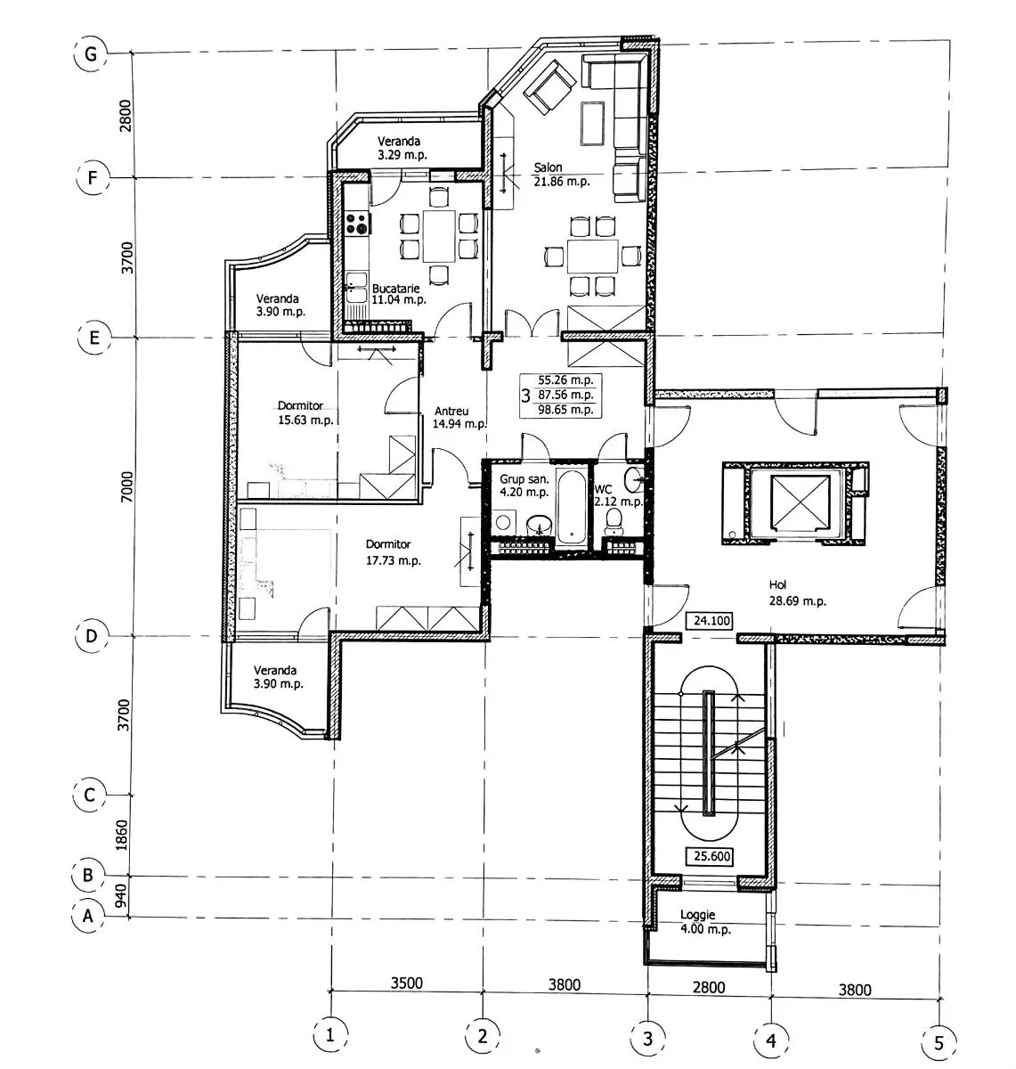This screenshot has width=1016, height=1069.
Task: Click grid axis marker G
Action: tap(90, 53)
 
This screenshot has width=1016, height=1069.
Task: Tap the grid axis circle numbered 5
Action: tap(939, 1042)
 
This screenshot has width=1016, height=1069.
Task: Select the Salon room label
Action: tap(548, 167)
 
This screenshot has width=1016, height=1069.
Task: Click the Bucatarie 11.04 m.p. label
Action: tap(398, 294)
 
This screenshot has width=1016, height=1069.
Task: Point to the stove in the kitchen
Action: tap(358, 223)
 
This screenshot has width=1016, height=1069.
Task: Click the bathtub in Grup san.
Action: tap(572, 507)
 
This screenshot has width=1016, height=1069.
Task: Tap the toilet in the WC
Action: tap(614, 521)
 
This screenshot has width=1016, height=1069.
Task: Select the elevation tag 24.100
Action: tap(711, 620)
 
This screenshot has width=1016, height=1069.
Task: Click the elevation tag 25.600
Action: tap(711, 856)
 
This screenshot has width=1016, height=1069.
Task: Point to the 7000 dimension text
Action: tap(126, 486)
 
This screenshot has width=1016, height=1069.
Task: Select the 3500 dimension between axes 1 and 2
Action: tap(407, 983)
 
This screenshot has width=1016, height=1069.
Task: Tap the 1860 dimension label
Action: tap(122, 836)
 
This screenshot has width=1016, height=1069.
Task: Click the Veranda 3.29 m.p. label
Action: tap(402, 148)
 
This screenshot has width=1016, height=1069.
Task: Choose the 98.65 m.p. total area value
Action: tap(565, 410)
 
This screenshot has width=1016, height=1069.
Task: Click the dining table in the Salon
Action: tap(592, 256)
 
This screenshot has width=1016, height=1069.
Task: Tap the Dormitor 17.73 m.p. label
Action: tap(393, 552)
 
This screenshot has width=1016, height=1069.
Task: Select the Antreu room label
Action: tap(451, 412)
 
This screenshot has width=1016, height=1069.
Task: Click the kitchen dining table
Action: tap(439, 237)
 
